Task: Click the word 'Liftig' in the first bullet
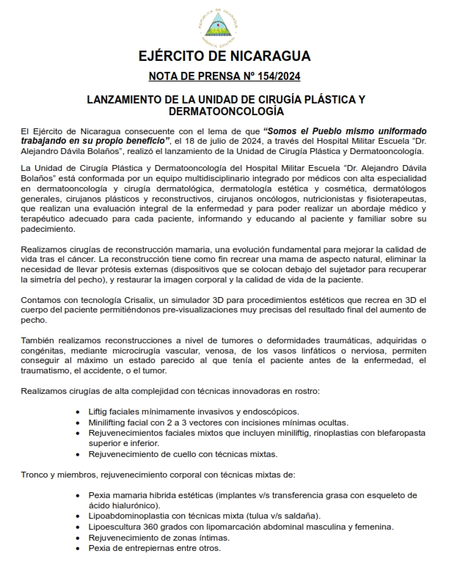point(101,412)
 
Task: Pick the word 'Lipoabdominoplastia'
point(132,516)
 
